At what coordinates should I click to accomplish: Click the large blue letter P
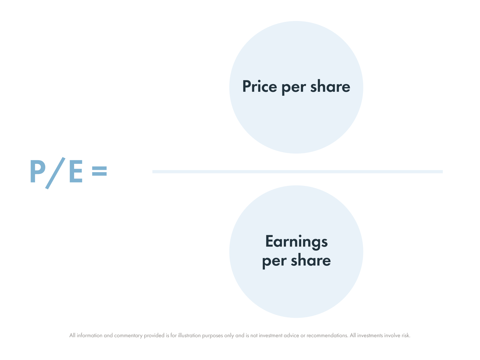pyautogui.click(x=37, y=171)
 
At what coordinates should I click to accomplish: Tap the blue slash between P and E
pyautogui.click(x=55, y=173)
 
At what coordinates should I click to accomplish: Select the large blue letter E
pyautogui.click(x=75, y=172)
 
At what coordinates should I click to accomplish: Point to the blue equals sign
pyautogui.click(x=99, y=171)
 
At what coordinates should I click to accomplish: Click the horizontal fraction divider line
pyautogui.click(x=297, y=172)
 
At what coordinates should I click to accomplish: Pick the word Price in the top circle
pyautogui.click(x=259, y=86)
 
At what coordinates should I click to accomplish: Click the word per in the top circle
pyautogui.click(x=293, y=87)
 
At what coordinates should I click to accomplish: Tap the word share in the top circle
pyautogui.click(x=330, y=86)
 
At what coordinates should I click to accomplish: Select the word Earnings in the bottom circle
pyautogui.click(x=296, y=242)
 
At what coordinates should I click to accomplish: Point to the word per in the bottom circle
pyautogui.click(x=274, y=261)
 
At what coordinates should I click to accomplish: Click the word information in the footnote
pyautogui.click(x=89, y=335)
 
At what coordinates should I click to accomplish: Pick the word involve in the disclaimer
pyautogui.click(x=393, y=335)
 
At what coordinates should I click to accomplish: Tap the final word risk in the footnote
pyautogui.click(x=406, y=335)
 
